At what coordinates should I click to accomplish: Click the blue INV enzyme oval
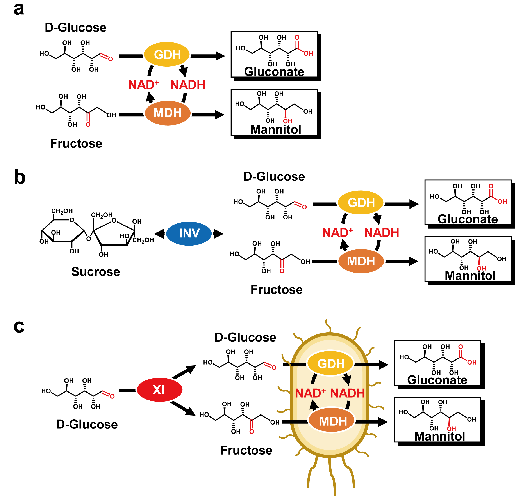189,233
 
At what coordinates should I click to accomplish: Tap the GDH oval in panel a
167,54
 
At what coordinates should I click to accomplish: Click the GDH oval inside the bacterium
330,363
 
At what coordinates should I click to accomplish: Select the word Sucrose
96,272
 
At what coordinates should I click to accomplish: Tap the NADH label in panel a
188,85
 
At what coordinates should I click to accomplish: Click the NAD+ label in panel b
337,232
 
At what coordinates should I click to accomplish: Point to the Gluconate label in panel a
274,72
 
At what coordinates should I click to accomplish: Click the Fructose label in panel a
76,143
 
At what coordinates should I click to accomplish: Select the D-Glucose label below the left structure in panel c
87,425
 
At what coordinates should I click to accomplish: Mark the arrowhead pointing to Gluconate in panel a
220,56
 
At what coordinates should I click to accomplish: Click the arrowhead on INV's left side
159,234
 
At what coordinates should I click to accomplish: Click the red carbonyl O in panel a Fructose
88,124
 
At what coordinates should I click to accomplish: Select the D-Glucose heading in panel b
274,177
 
